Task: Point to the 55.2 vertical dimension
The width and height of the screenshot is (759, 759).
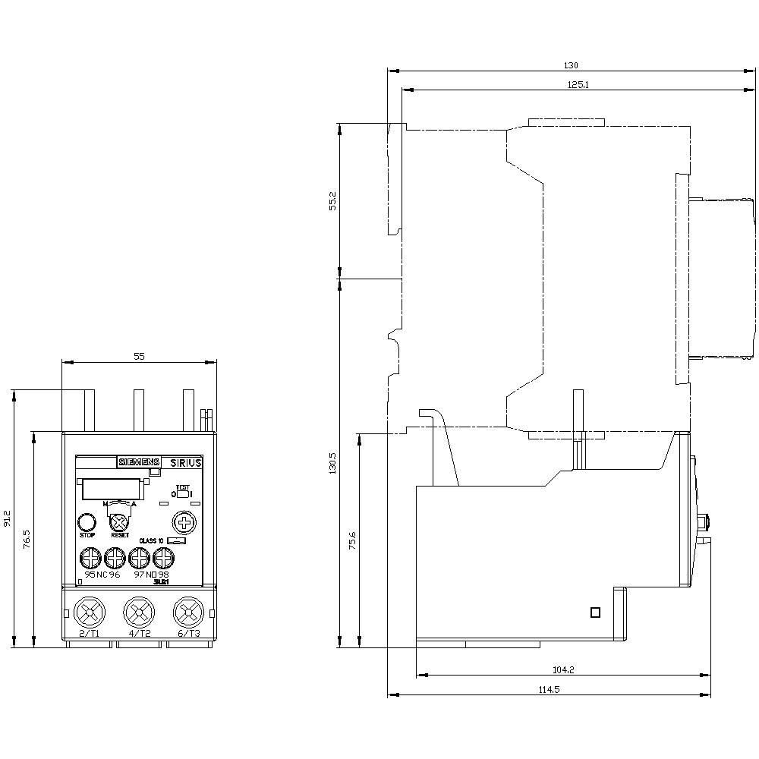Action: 332,200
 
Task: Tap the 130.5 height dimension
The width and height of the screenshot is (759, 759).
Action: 332,462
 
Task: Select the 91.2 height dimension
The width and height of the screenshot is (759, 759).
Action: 7,518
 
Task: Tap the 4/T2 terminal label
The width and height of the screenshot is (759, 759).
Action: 140,634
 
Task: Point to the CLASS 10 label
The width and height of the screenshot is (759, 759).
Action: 152,540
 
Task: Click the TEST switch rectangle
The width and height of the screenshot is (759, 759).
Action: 182,494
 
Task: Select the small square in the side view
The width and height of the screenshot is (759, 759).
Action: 596,613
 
